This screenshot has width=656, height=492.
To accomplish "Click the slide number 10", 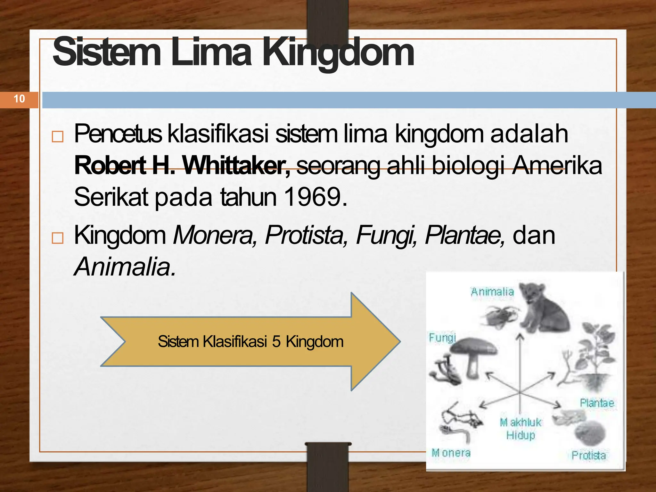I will tap(19, 99).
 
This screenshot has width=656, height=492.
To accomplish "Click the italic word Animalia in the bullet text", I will tap(125, 267).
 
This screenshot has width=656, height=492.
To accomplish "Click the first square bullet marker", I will tap(58, 137).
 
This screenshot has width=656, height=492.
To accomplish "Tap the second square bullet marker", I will tap(58, 238).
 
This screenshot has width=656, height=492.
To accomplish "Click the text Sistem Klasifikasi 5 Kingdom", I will tap(250, 342).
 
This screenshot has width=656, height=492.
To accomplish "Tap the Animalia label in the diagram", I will tap(492, 292).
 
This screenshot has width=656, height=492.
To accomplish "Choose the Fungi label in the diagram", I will tap(442, 338).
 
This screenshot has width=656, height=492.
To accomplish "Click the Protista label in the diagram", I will tap(589, 455).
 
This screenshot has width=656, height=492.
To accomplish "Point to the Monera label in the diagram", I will tap(451, 453).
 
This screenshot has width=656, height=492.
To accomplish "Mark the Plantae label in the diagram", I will tap(597, 403).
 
